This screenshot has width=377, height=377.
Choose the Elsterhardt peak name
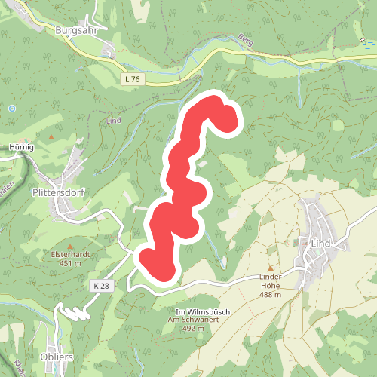coord(70,255)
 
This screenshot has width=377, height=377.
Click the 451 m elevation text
coord(70,263)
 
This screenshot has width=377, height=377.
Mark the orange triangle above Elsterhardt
coord(70,246)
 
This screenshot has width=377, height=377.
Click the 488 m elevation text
coord(270,295)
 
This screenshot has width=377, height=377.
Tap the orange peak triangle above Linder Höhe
coord(270,268)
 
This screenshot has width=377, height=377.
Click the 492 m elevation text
coord(192,329)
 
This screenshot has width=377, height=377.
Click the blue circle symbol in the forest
coord(12,109)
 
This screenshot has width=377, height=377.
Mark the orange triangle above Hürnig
coord(51,137)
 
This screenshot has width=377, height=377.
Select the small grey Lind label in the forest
coord(114,121)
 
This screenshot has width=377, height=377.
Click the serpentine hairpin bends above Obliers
coord(74,312)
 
